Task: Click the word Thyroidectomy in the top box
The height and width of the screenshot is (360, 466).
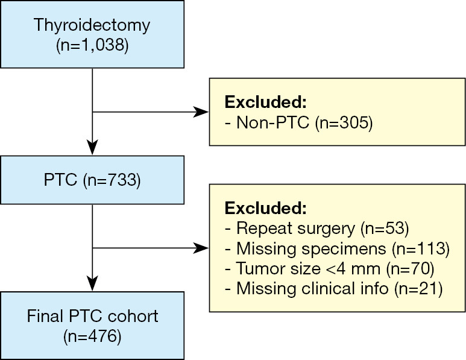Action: pyautogui.click(x=92, y=26)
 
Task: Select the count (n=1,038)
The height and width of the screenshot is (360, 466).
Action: pyautogui.click(x=92, y=45)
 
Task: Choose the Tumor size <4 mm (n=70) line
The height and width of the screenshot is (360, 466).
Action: pyautogui.click(x=327, y=269)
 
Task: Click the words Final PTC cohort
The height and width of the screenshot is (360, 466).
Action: pyautogui.click(x=92, y=316)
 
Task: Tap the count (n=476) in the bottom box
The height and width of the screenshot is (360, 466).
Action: pyautogui.click(x=92, y=335)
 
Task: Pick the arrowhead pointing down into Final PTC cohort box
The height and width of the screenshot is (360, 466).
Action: pyautogui.click(x=92, y=282)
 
